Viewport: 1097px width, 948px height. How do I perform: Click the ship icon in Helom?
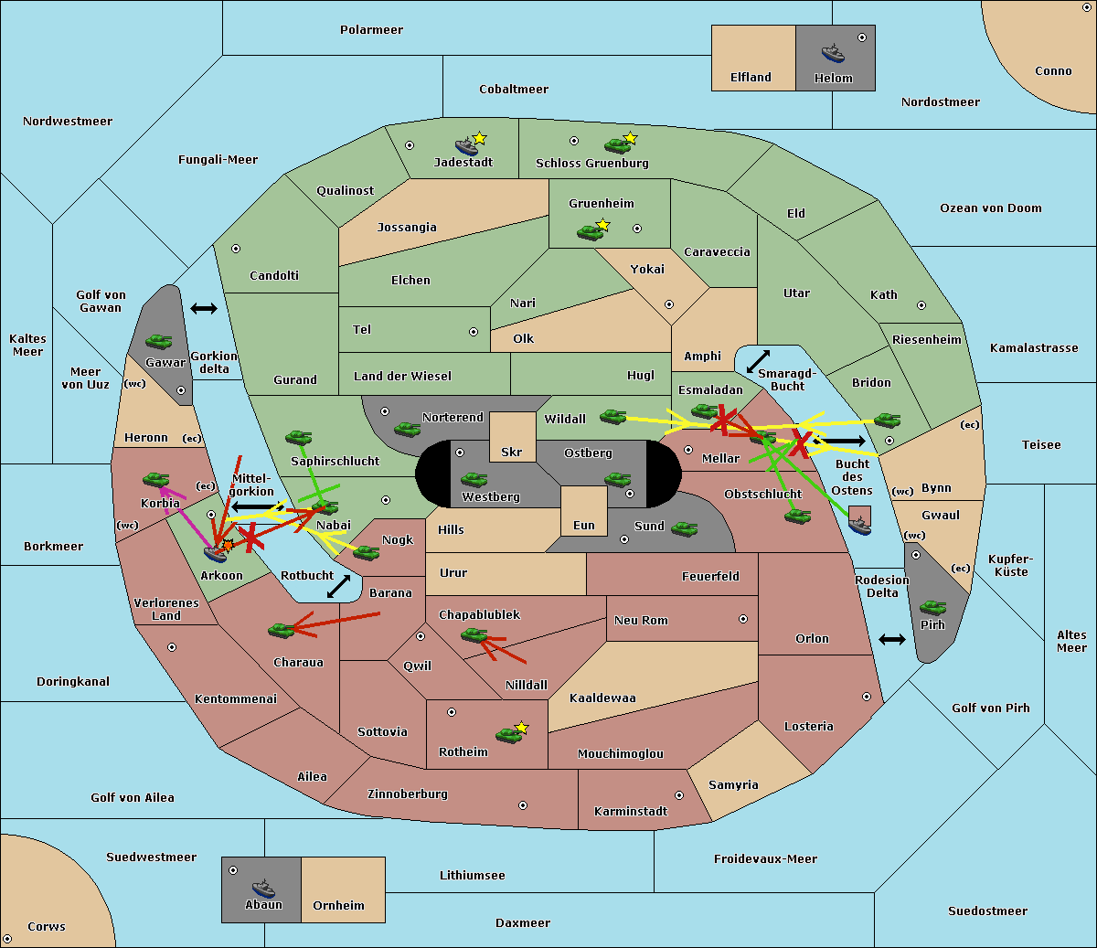pyautogui.click(x=833, y=53)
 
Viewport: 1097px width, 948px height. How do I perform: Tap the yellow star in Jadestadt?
pyautogui.click(x=479, y=139)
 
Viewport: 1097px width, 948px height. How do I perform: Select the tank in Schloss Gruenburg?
pyautogui.click(x=617, y=145)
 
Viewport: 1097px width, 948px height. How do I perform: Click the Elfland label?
pyautogui.click(x=751, y=78)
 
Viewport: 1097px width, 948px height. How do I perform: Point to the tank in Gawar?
pyautogui.click(x=159, y=341)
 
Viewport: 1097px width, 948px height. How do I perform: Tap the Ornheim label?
pyautogui.click(x=338, y=905)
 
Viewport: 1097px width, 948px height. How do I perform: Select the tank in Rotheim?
pyautogui.click(x=508, y=735)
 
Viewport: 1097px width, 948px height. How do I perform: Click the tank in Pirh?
pyautogui.click(x=932, y=607)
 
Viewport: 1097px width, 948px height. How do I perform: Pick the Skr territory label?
pyautogui.click(x=511, y=452)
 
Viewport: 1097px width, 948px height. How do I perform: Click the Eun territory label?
pyautogui.click(x=584, y=525)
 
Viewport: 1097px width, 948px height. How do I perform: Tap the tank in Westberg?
pyautogui.click(x=474, y=479)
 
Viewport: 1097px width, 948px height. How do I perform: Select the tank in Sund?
pyautogui.click(x=684, y=528)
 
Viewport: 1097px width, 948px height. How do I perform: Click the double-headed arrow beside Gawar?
pyautogui.click(x=204, y=308)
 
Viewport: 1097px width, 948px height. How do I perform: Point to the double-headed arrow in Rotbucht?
pyautogui.click(x=338, y=586)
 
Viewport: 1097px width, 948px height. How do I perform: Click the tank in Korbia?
pyautogui.click(x=156, y=480)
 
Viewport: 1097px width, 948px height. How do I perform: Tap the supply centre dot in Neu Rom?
pyautogui.click(x=743, y=619)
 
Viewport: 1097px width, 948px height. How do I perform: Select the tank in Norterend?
pyautogui.click(x=407, y=430)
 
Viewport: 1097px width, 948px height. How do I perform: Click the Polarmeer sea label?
pyautogui.click(x=371, y=30)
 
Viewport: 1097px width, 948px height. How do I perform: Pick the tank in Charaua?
pyautogui.click(x=282, y=630)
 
